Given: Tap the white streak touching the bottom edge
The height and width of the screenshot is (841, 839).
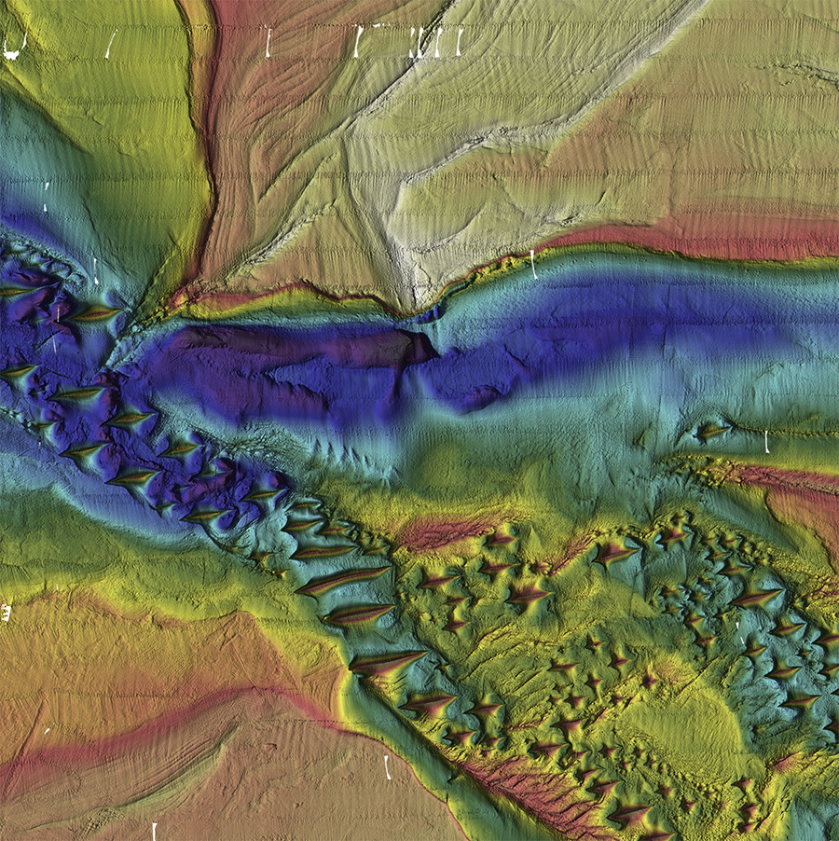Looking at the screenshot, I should (154, 831).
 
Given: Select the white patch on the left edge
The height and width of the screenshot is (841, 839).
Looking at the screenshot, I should (5, 613).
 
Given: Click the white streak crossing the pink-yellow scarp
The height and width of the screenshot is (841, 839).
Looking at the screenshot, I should (533, 263).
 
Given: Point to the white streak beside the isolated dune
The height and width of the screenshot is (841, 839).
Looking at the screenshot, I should (766, 441).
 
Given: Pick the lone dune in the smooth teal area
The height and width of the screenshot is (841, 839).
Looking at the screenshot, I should (712, 431).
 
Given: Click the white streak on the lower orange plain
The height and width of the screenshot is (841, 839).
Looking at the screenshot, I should (387, 767).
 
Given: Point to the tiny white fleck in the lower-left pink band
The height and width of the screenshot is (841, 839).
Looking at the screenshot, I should (46, 731).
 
